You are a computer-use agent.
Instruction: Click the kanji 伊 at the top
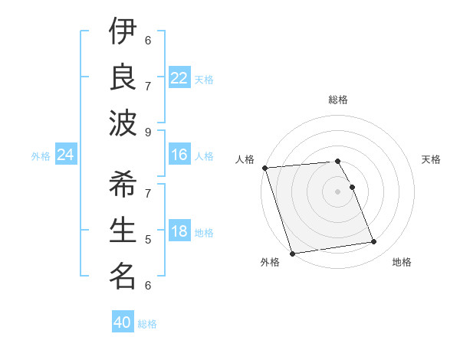point(123,32)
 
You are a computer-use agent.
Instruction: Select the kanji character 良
point(123,76)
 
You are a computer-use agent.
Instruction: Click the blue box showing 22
point(179,78)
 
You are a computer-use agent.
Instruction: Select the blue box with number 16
point(179,155)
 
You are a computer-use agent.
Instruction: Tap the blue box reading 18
point(179,232)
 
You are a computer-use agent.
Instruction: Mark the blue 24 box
point(66,155)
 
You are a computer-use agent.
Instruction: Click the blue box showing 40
point(123,322)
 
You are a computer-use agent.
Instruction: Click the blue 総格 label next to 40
point(148,324)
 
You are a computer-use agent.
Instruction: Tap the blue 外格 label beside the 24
point(41,156)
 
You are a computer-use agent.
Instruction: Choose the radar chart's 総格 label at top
point(338,100)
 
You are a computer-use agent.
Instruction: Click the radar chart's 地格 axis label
point(402,263)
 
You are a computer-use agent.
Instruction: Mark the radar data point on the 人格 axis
point(264,168)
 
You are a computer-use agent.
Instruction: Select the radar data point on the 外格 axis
point(292,254)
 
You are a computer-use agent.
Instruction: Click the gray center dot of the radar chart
point(338,191)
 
